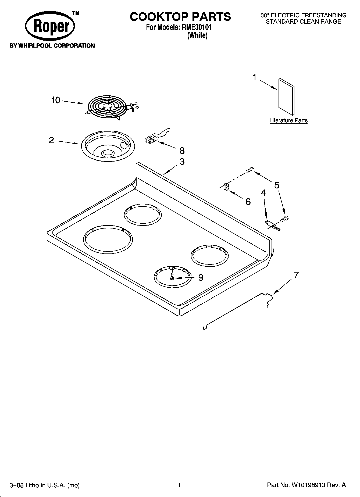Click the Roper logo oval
[x=50, y=27]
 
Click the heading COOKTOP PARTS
[x=180, y=17]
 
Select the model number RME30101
[x=197, y=27]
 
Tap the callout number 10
[x=56, y=101]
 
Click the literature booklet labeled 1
[x=286, y=97]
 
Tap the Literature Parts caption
[x=288, y=120]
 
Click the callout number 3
[x=182, y=162]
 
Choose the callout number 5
[x=277, y=185]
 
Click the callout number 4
[x=263, y=193]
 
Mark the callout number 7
[x=296, y=275]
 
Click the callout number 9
[x=201, y=278]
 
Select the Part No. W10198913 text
[x=306, y=485]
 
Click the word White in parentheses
[x=197, y=35]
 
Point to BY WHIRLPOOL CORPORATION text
[x=52, y=46]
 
